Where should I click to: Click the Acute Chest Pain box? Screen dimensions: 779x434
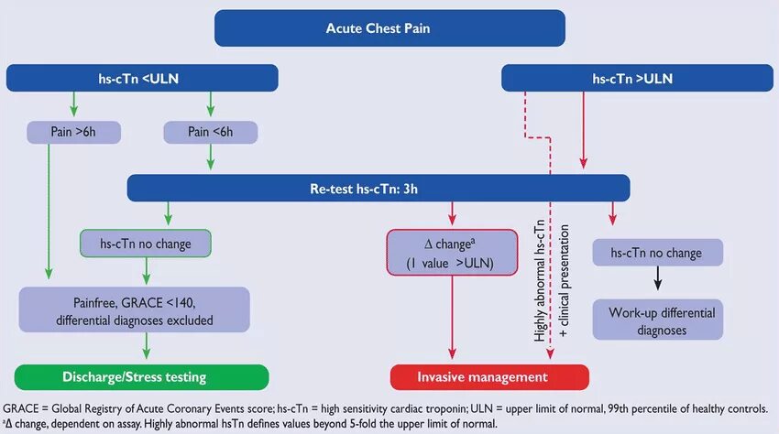(389, 28)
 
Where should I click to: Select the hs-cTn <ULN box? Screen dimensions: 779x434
(142, 78)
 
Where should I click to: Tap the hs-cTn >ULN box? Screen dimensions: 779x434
(637, 78)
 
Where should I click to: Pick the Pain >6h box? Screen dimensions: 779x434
(73, 132)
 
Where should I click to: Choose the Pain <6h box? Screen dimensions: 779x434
(211, 132)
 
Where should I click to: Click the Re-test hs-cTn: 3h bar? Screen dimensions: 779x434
(379, 189)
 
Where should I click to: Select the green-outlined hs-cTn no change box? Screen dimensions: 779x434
(146, 244)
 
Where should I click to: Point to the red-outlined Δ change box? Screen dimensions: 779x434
(452, 253)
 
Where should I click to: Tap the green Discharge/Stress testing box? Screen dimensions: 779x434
(141, 377)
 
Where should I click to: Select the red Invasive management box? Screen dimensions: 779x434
(490, 377)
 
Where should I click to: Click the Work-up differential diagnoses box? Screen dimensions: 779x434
(658, 320)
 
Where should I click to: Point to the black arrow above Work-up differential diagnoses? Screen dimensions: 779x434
(658, 278)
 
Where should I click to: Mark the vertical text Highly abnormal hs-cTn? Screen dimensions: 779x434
(539, 280)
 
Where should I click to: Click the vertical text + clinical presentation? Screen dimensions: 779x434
(564, 281)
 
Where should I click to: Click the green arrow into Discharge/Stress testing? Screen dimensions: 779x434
(146, 345)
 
